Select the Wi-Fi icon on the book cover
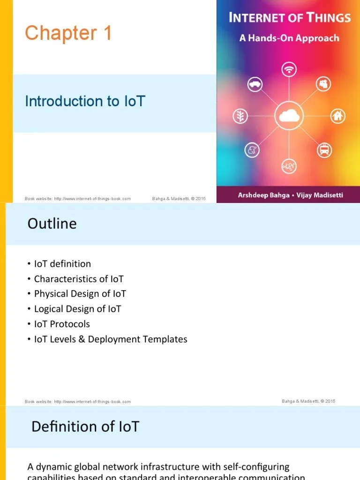click(x=289, y=70)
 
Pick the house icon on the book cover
click(x=337, y=115)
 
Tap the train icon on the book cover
click(x=324, y=150)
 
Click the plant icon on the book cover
click(x=240, y=116)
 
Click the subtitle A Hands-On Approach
click(x=289, y=38)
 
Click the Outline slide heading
click(x=52, y=224)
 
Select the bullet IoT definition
click(x=62, y=264)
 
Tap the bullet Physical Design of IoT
click(x=80, y=294)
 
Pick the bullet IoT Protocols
click(x=62, y=324)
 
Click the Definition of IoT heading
click(x=85, y=427)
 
